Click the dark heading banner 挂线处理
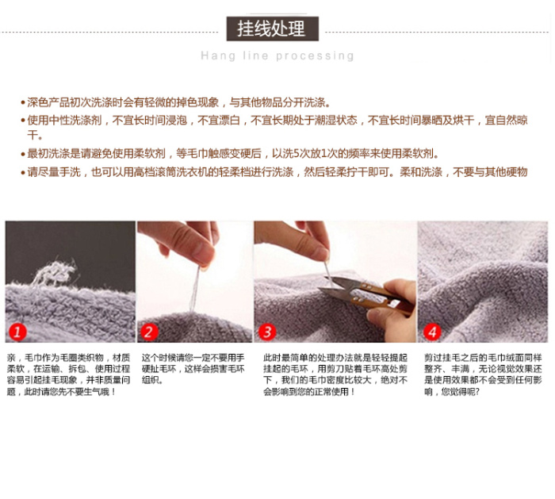(273, 29)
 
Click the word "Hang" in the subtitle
(218, 56)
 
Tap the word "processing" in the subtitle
(315, 56)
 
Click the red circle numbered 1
(17, 332)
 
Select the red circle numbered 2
(149, 332)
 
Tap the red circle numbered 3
(267, 332)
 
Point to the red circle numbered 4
(432, 332)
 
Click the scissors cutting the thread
(365, 294)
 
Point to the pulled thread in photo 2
(195, 289)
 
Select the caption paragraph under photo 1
(69, 374)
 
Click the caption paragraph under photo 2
(193, 369)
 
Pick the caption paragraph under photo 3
(335, 374)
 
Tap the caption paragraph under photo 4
(483, 374)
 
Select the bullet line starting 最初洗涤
(230, 154)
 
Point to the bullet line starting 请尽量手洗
(274, 172)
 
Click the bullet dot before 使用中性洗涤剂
(23, 121)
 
